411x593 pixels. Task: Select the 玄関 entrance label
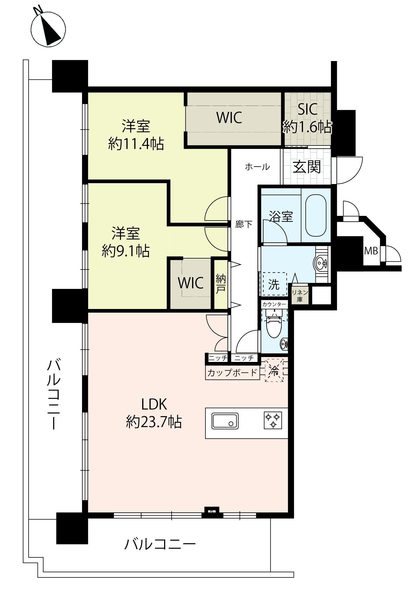coord(307,167)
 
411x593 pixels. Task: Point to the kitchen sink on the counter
coord(225,421)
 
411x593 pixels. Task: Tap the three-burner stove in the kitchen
coord(273,420)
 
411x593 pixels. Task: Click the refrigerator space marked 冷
coord(274,370)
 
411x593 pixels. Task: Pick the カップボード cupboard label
coord(232,372)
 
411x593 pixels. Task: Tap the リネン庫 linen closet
coord(299,295)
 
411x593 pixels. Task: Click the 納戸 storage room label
coord(221,283)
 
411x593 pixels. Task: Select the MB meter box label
coord(371,251)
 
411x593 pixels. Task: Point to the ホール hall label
coord(257,167)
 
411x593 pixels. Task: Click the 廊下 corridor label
coord(244,224)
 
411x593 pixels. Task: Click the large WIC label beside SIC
coord(229,118)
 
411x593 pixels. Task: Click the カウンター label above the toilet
coord(274,304)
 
